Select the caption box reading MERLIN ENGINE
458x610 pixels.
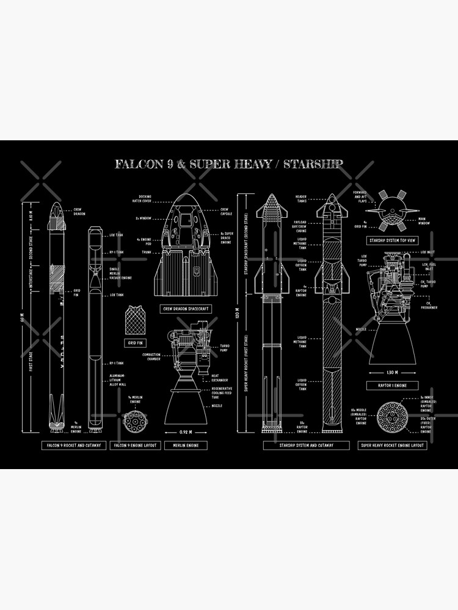(186, 445)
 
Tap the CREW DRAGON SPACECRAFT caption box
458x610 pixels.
(186, 309)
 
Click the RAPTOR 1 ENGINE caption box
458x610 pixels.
(393, 386)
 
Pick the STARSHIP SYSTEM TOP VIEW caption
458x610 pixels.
(393, 240)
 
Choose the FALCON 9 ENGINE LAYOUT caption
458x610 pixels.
(134, 445)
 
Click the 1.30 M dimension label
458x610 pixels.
(393, 371)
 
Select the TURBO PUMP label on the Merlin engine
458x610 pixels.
(224, 347)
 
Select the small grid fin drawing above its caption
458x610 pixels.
(134, 319)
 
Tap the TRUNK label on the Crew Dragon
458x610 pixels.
(146, 251)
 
